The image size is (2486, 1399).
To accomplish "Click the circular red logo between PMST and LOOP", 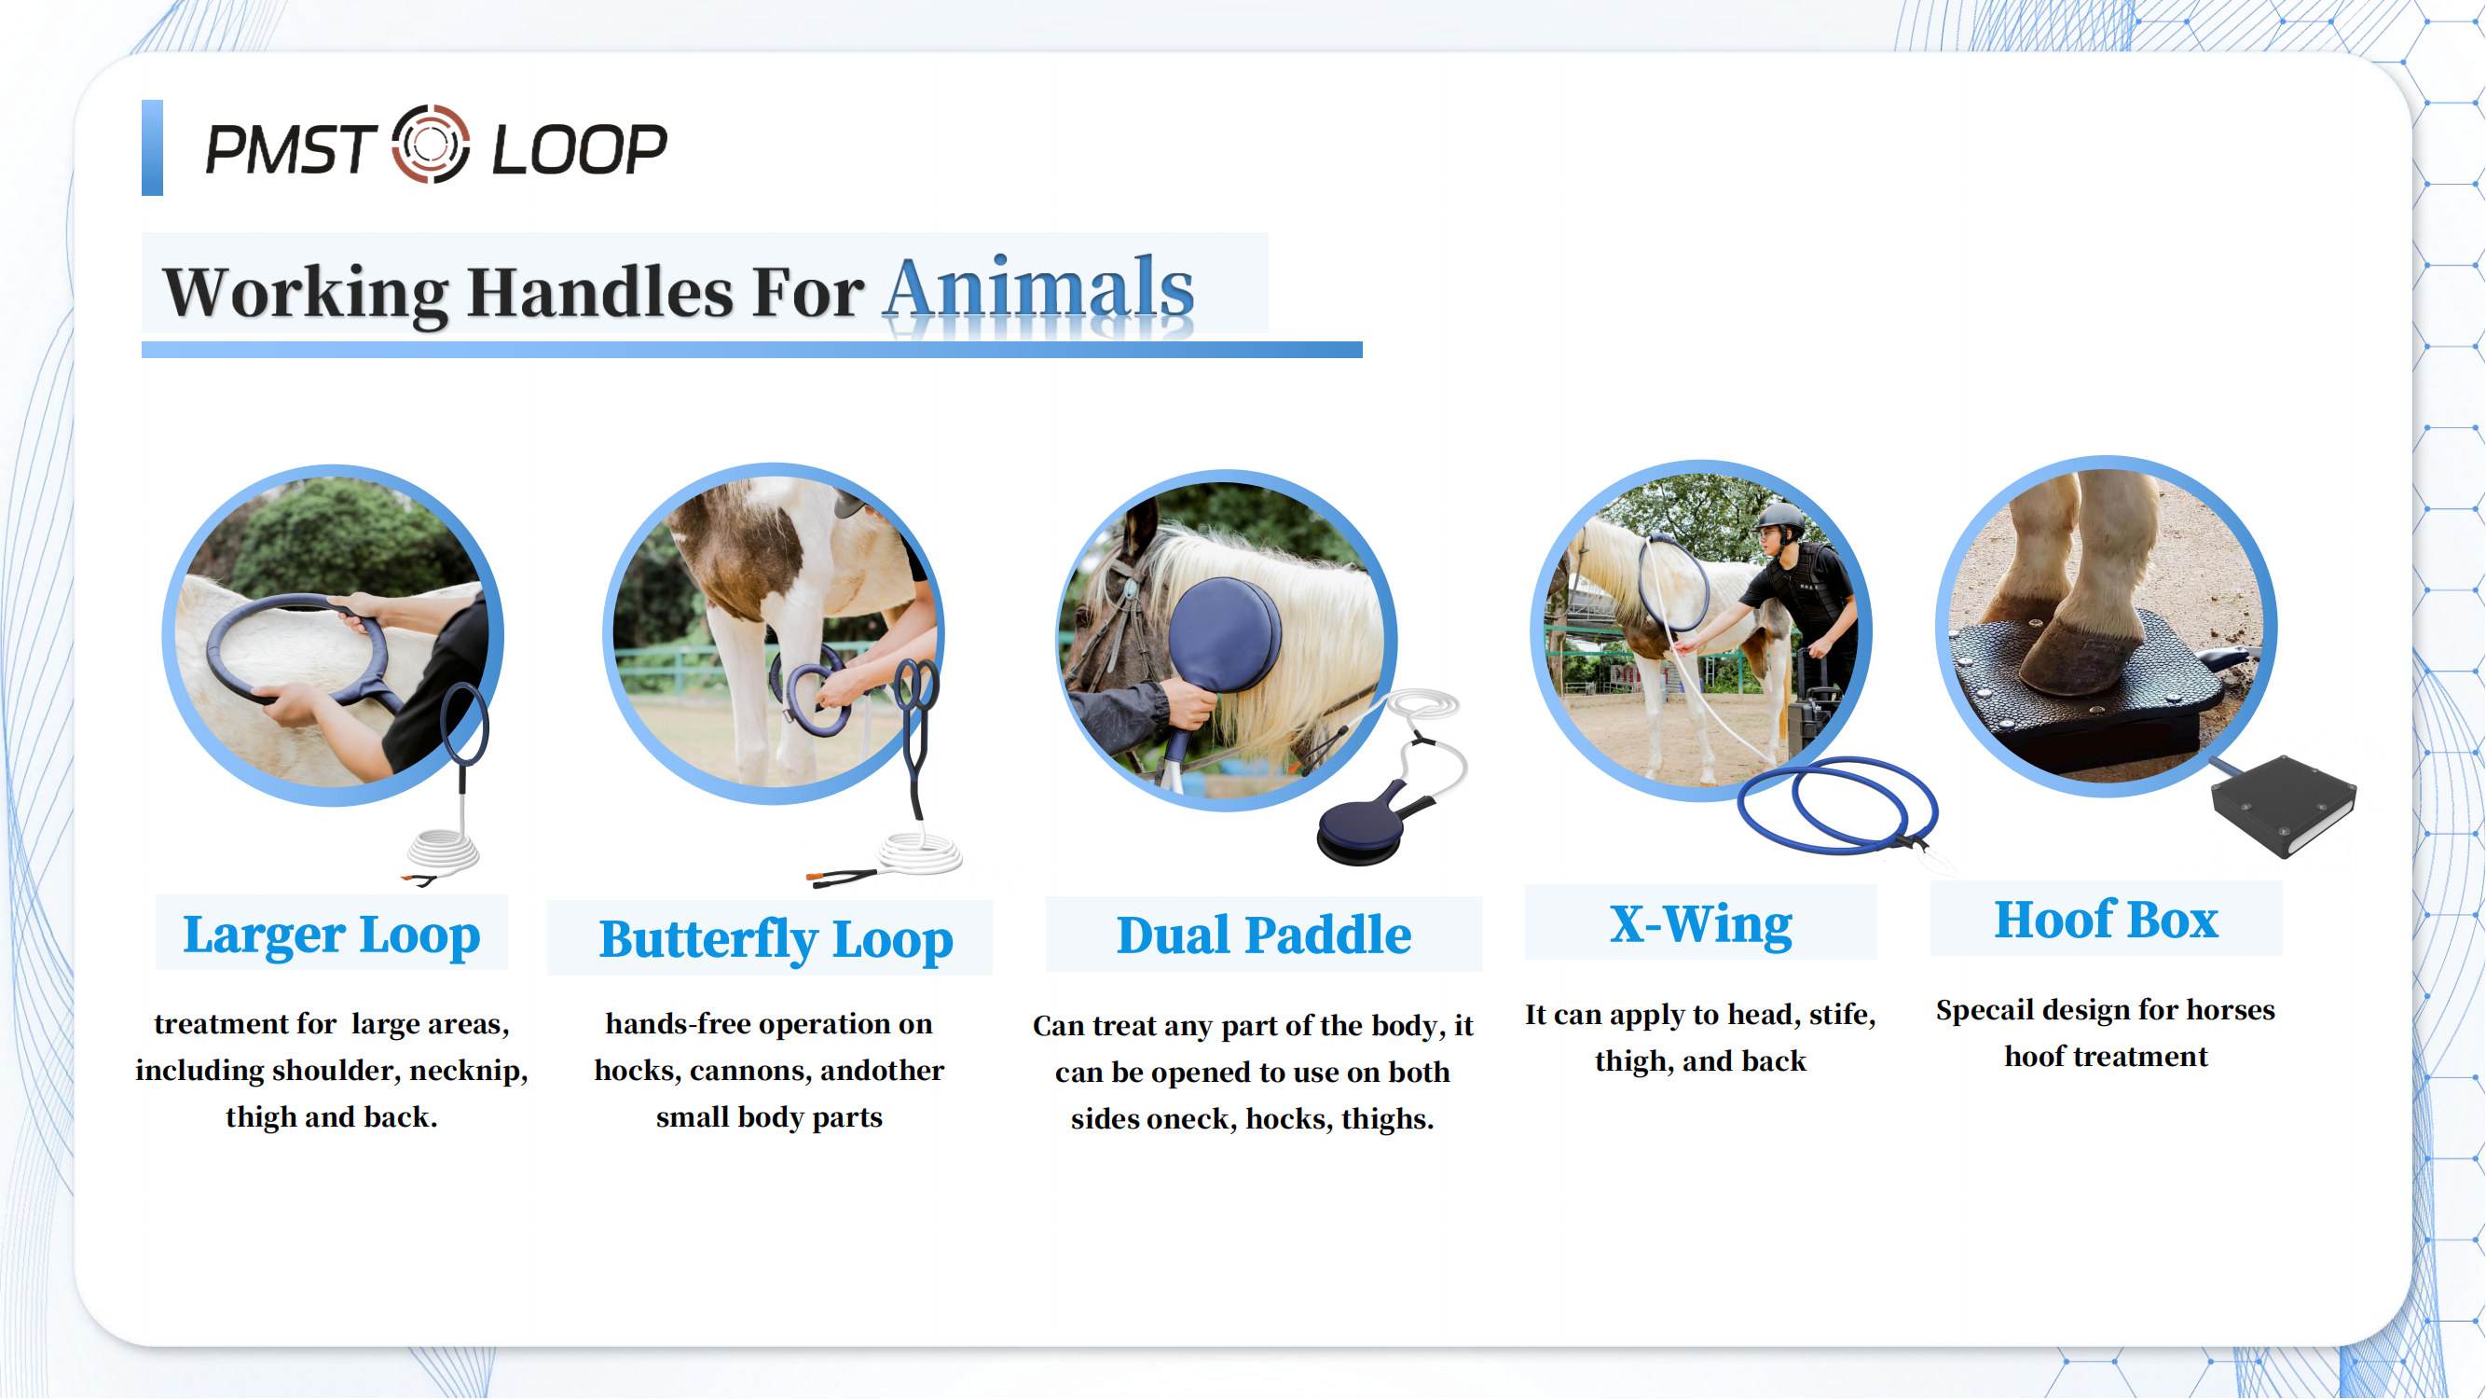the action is click(x=431, y=145).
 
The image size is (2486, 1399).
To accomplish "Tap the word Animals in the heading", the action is click(x=1038, y=290).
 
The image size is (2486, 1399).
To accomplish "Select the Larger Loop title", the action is click(x=331, y=935).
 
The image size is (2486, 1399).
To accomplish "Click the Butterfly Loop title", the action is click(x=776, y=939).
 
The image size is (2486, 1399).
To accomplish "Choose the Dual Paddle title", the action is click(x=1263, y=935).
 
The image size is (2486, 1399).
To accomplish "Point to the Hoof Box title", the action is click(x=2106, y=920).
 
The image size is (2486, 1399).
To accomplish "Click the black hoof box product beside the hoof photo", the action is click(x=2284, y=806).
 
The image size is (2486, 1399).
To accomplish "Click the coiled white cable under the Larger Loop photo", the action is click(x=442, y=852).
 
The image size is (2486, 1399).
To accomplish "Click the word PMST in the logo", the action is click(x=290, y=149).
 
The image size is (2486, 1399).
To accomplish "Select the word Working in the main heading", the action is click(x=305, y=292).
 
